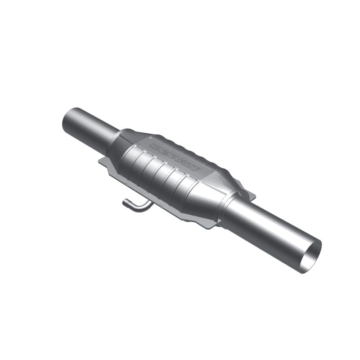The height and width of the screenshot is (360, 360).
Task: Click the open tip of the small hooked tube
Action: point(124,205)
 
